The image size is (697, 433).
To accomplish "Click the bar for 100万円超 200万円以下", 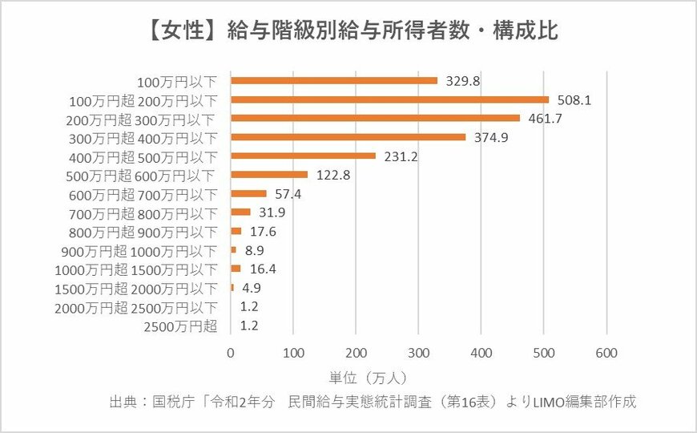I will point(389,99).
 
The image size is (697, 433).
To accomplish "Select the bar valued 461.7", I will point(375,118).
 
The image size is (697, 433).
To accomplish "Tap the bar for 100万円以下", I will point(334,80).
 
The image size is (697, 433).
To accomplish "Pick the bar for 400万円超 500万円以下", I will point(303,156).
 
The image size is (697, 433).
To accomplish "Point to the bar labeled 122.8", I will point(269,174).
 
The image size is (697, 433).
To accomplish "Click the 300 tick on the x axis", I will point(418,352).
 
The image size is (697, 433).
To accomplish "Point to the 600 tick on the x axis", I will point(606,352).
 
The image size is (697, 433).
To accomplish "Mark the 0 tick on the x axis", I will point(231,352).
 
